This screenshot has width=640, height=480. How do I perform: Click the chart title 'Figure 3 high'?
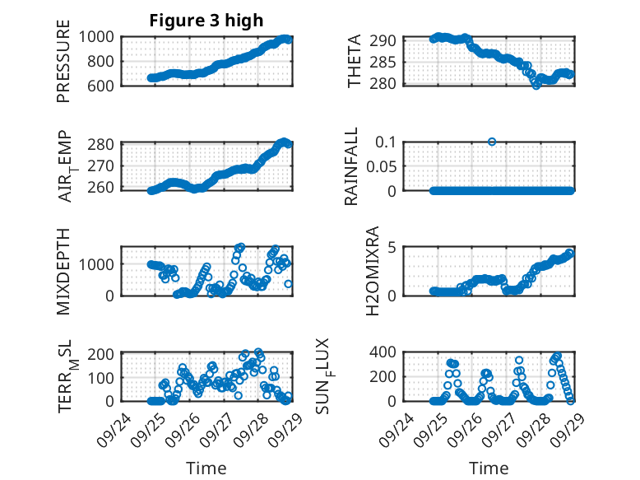click(x=206, y=21)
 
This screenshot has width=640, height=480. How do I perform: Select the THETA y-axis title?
click(x=355, y=61)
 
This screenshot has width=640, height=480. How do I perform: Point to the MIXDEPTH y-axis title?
click(x=63, y=270)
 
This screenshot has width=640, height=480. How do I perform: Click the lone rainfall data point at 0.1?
click(x=492, y=142)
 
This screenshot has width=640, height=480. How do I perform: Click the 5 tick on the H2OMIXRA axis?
click(x=393, y=247)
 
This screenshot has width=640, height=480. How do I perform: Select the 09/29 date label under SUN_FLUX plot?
click(x=563, y=427)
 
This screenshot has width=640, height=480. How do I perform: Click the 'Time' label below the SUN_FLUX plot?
click(x=489, y=468)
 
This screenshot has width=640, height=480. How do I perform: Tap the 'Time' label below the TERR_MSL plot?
click(x=206, y=468)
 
